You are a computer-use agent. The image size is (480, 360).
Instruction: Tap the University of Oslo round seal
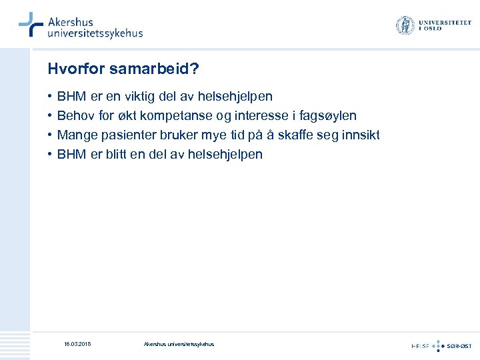405,26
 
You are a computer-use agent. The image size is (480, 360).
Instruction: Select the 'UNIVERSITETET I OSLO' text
444,26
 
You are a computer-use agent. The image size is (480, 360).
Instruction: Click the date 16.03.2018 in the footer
77,344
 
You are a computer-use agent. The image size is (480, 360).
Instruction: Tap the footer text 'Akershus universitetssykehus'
179,344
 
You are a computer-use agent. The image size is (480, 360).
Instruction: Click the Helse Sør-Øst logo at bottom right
441,345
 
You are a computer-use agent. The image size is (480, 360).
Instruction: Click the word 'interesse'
252,116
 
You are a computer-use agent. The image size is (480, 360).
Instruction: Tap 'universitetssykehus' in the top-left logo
95,33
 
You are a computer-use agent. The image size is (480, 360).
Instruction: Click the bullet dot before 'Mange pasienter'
50,135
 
